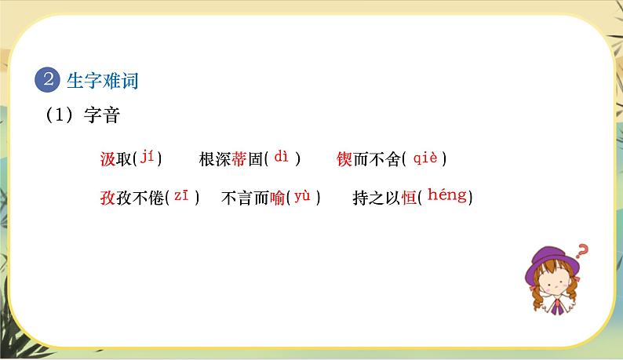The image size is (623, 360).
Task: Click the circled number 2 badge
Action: tap(49, 79)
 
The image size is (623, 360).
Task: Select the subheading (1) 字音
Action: tap(82, 115)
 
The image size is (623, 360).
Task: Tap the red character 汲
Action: tap(107, 159)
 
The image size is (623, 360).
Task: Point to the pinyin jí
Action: tap(148, 158)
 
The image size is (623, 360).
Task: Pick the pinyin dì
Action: tap(282, 157)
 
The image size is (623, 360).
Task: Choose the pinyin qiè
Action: tap(424, 158)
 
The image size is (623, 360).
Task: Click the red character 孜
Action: tap(107, 198)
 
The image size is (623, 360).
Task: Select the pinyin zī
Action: tap(181, 196)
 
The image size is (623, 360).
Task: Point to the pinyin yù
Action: tap(303, 197)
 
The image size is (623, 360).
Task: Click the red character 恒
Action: tap(408, 198)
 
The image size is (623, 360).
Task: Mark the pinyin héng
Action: tap(447, 195)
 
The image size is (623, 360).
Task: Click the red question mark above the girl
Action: tap(581, 252)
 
